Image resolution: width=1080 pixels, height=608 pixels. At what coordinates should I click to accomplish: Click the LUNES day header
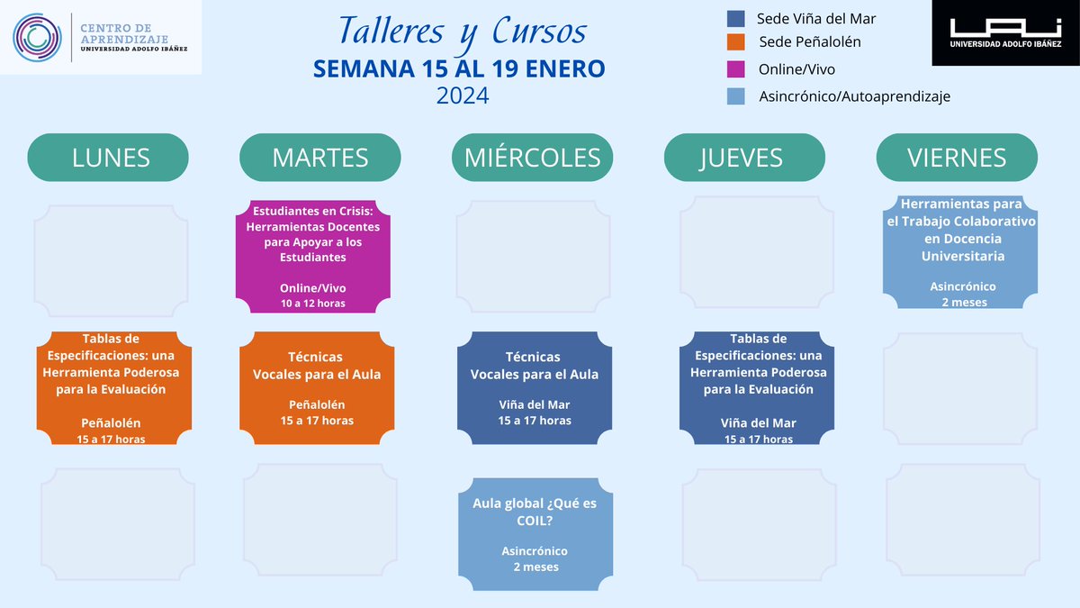(x=109, y=158)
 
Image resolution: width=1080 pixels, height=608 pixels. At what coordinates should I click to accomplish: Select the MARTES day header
(x=319, y=158)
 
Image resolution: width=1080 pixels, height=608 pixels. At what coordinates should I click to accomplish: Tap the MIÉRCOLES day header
(x=532, y=158)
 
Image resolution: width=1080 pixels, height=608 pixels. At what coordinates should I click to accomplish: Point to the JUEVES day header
(x=743, y=158)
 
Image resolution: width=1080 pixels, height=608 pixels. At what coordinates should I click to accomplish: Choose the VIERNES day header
(x=957, y=158)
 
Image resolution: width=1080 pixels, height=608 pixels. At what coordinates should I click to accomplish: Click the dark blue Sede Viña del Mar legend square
(x=735, y=19)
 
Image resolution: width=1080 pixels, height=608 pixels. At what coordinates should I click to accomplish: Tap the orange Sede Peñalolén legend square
(x=735, y=41)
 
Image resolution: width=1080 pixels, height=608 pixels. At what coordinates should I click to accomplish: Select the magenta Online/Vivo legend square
(x=735, y=69)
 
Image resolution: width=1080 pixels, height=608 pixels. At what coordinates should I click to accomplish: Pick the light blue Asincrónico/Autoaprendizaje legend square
(x=735, y=95)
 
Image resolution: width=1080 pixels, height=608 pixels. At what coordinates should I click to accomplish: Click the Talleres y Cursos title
(x=462, y=32)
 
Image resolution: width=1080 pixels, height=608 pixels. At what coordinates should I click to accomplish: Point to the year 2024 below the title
(x=463, y=95)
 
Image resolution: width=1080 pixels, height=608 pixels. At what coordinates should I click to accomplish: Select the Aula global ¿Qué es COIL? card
(x=535, y=534)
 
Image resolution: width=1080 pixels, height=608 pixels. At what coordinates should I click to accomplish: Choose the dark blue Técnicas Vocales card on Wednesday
(x=535, y=387)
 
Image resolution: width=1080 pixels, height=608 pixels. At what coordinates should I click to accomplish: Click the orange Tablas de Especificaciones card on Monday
(x=111, y=387)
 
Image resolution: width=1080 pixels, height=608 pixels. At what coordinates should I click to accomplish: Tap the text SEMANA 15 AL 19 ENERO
(x=459, y=68)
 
